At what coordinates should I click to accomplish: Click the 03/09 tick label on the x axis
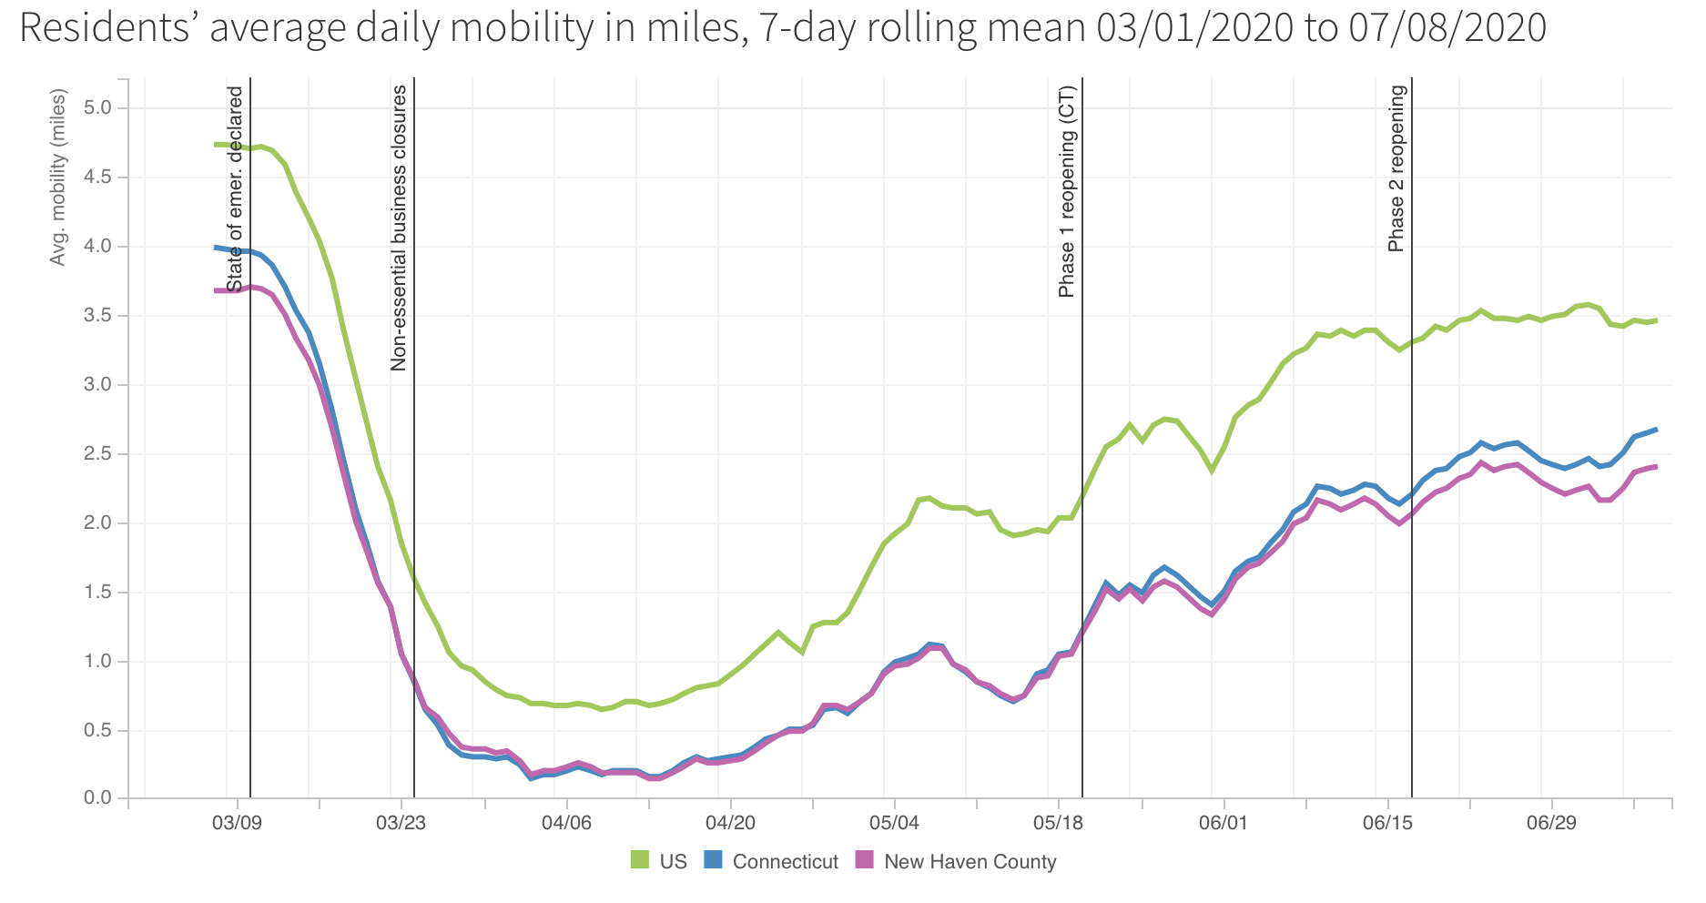pos(238,823)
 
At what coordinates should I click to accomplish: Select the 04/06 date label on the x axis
pos(566,823)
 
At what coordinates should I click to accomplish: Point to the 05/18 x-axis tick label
pos(1059,823)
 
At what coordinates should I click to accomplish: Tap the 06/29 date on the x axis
pos(1551,823)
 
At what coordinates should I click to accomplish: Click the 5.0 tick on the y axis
pos(96,108)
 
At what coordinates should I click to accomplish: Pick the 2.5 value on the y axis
pos(96,453)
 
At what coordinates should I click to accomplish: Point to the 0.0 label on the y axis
pos(96,798)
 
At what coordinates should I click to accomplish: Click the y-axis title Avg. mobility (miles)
pos(58,177)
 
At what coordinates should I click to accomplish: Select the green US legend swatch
pos(640,860)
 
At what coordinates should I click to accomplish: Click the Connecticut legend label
pos(785,861)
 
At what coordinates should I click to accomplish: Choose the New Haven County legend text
pos(970,861)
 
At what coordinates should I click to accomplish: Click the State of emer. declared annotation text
pos(236,189)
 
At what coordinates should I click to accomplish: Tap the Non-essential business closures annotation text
pos(399,228)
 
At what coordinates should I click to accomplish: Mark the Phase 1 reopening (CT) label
pos(1067,191)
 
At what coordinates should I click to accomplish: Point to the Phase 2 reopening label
pos(1396,168)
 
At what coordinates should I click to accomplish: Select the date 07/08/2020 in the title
pos(1447,29)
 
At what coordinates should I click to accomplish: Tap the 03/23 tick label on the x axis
pos(401,823)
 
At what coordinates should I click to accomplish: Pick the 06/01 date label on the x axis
pos(1223,823)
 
